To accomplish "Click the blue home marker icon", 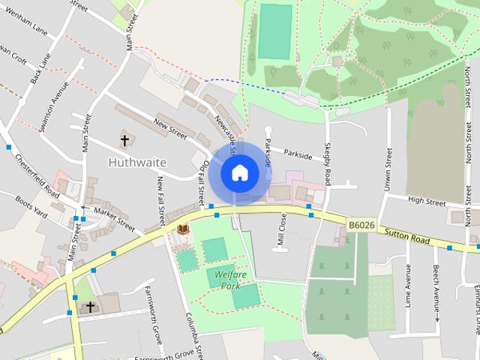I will (239, 172).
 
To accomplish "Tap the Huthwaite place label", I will (137, 161).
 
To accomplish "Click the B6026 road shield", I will (361, 224).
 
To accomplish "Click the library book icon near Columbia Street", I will (183, 228).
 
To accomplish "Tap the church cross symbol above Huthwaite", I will (124, 139).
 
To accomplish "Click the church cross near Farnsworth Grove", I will (91, 307).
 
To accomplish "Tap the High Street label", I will (426, 201).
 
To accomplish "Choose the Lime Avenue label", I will (408, 286).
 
